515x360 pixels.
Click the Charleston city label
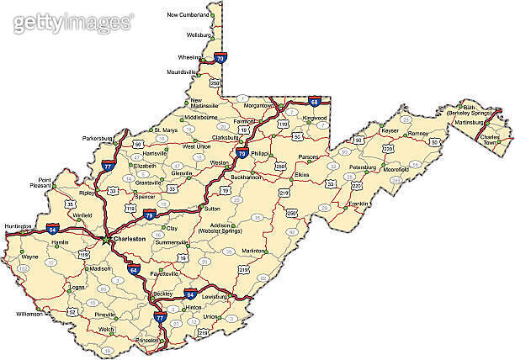click(130, 239)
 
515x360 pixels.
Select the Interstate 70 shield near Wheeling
click(220, 58)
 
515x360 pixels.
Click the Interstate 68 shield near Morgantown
click(314, 102)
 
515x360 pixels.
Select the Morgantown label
click(257, 106)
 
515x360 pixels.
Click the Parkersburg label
click(97, 137)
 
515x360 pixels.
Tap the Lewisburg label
click(215, 296)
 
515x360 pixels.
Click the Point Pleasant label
click(40, 183)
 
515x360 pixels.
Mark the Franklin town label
click(359, 203)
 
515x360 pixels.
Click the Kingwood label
click(315, 119)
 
